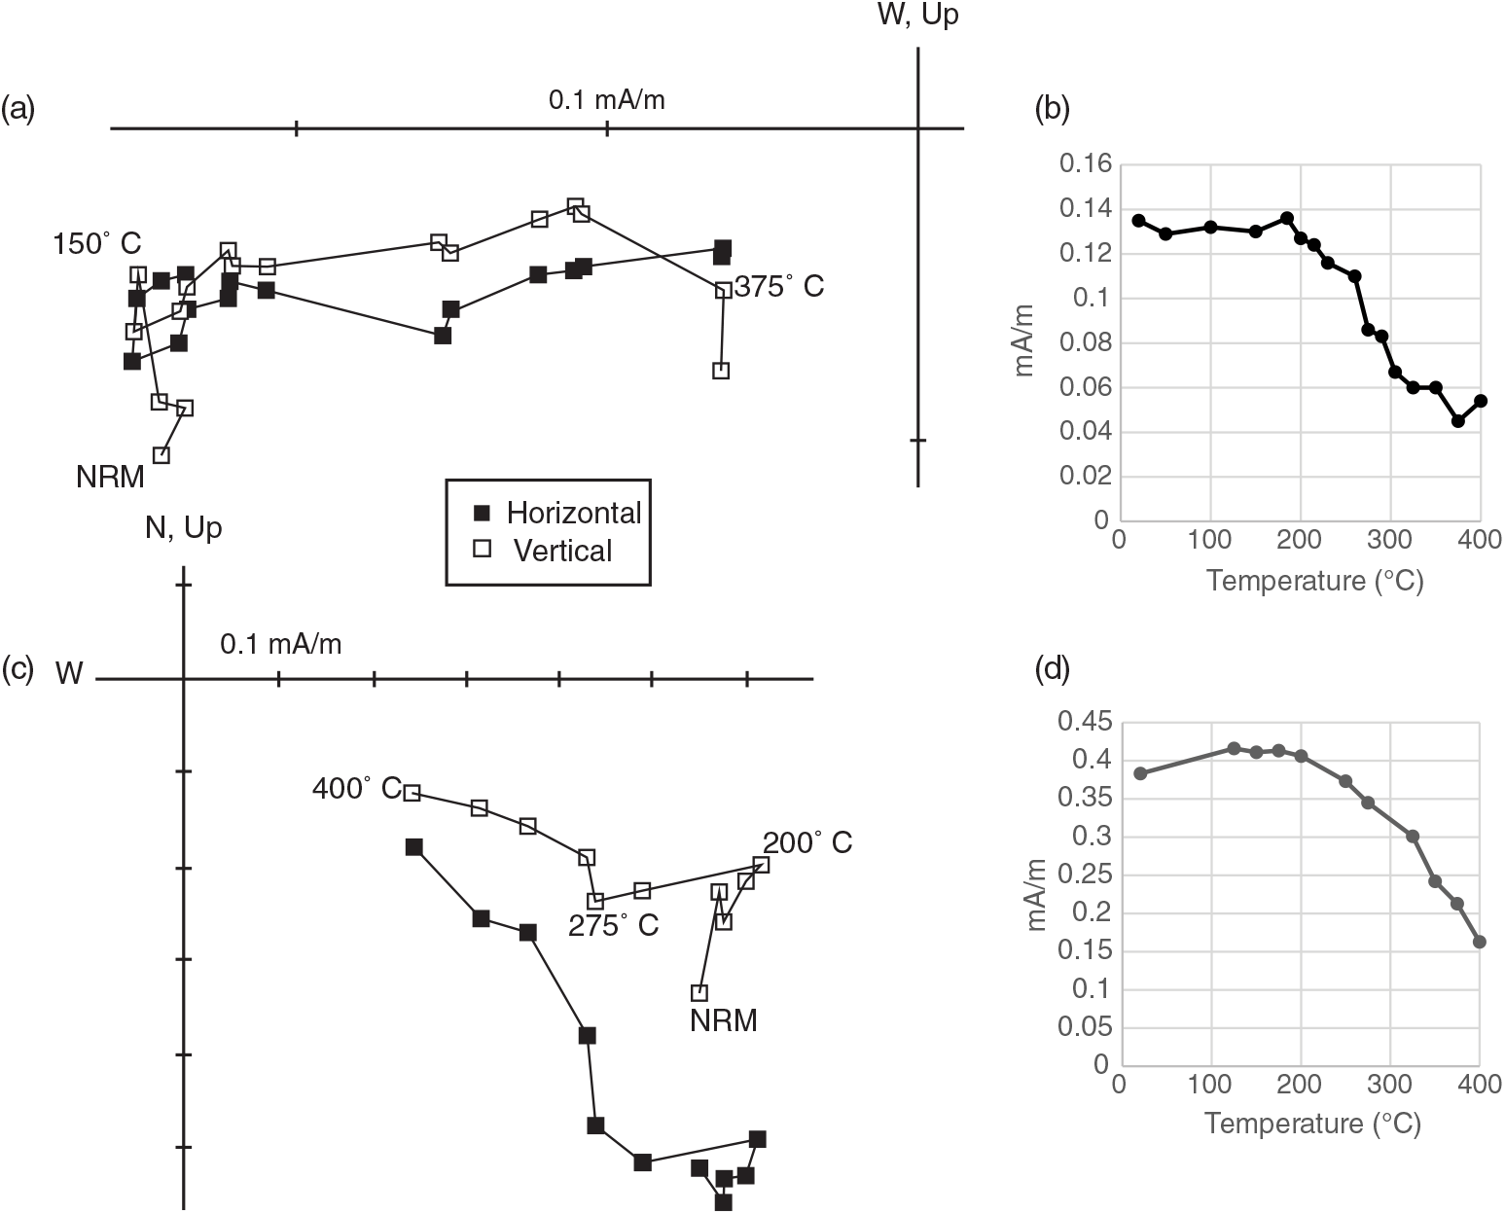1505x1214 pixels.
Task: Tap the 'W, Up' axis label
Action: pyautogui.click(x=917, y=16)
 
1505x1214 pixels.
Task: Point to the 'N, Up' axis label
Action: pyautogui.click(x=183, y=527)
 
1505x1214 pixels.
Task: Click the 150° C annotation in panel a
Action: pyautogui.click(x=97, y=244)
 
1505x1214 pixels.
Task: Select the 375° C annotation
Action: pyautogui.click(x=779, y=287)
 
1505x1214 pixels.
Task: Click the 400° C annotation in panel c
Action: pyautogui.click(x=356, y=788)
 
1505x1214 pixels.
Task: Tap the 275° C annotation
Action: pyautogui.click(x=614, y=926)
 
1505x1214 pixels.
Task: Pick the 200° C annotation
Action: pyautogui.click(x=807, y=842)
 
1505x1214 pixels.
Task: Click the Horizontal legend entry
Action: pyautogui.click(x=555, y=513)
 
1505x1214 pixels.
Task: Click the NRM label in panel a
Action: pyautogui.click(x=110, y=477)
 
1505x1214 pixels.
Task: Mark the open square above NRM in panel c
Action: pyautogui.click(x=699, y=993)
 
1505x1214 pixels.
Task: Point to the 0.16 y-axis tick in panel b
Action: pyautogui.click(x=1088, y=164)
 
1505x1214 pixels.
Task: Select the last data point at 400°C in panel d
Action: pyautogui.click(x=1480, y=942)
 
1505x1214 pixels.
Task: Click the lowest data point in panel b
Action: pyautogui.click(x=1457, y=421)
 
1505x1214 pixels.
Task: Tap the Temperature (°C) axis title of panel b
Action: pyautogui.click(x=1314, y=582)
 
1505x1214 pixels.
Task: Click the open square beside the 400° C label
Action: pyautogui.click(x=412, y=793)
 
